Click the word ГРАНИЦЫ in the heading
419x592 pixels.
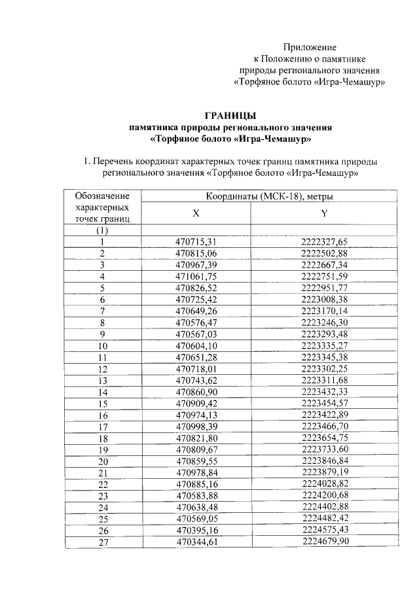[x=229, y=116]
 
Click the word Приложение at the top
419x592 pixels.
[x=310, y=47]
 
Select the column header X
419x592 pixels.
[x=196, y=213]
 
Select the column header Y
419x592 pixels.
[x=324, y=213]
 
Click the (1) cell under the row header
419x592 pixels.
[x=102, y=231]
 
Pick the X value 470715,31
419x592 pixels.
[x=196, y=242]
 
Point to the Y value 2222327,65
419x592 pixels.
[x=324, y=242]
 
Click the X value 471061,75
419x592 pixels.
[x=196, y=277]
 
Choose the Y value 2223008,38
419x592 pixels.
[x=324, y=300]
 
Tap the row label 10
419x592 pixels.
[x=102, y=346]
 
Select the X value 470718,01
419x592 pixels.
[x=196, y=369]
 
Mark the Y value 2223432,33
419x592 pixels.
[x=324, y=392]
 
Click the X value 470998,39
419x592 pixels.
[x=196, y=427]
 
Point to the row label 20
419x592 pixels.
[x=102, y=461]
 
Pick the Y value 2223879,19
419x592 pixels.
[x=324, y=472]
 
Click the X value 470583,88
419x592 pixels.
[x=196, y=496]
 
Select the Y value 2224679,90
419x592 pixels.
[x=324, y=542]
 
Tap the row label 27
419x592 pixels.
[x=102, y=542]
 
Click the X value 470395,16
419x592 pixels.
[x=196, y=530]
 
